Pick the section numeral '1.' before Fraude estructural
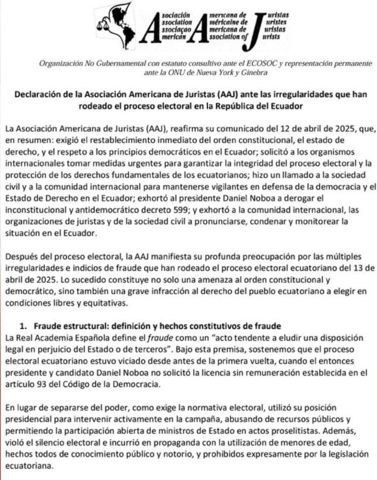click(23, 326)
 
